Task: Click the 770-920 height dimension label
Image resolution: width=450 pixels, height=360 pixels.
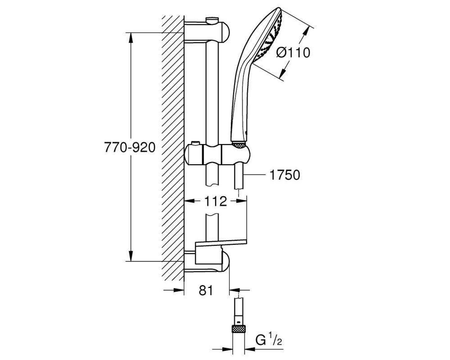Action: (130, 148)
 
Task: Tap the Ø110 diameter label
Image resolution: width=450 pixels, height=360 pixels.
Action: (293, 53)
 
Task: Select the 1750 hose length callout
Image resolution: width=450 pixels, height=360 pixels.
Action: (285, 175)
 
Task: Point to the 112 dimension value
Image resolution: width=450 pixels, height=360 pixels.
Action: (216, 202)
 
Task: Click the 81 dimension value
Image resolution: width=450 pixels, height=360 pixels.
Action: (206, 291)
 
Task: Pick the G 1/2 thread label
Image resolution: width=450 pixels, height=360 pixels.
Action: (269, 341)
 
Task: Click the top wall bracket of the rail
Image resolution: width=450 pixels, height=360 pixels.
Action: (207, 31)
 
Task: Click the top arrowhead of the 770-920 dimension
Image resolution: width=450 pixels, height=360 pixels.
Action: (131, 38)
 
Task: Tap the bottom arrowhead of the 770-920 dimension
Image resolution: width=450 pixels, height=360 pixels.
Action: (131, 256)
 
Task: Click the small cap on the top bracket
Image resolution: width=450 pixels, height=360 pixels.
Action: (212, 21)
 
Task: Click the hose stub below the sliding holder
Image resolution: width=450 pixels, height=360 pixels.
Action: (239, 175)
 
